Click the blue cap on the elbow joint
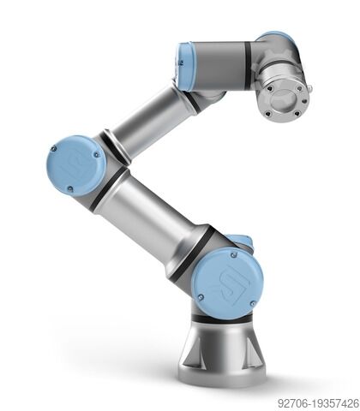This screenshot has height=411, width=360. tap(76, 164)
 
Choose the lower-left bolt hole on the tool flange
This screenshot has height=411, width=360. tap(268, 111)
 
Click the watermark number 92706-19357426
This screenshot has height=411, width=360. tap(318, 402)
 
